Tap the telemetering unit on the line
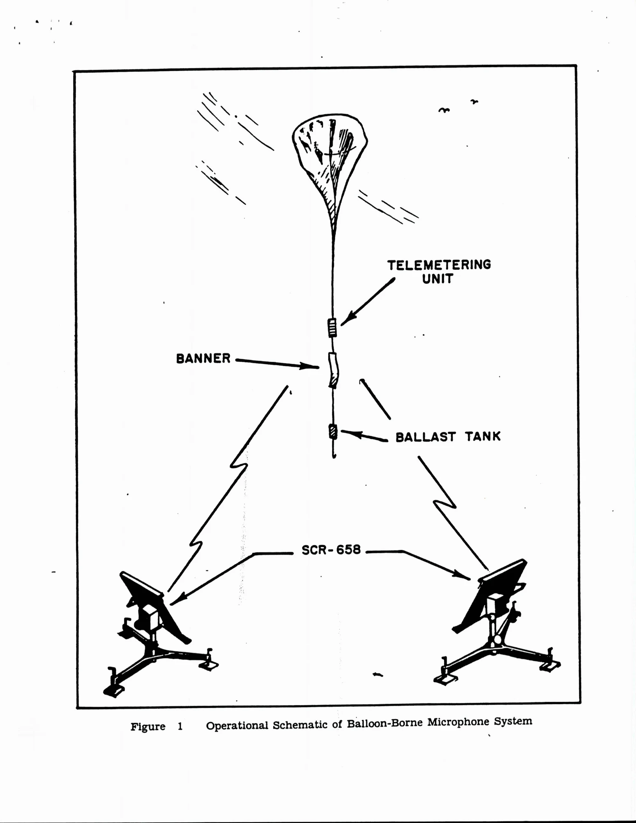332,328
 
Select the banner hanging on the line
333,370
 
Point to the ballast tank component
333,432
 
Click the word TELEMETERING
439,265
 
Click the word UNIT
438,279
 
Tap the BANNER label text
203,358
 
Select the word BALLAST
426,437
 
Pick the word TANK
483,436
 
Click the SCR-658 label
331,550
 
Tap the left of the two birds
444,110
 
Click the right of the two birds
475,101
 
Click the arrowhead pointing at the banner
310,366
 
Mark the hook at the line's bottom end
334,454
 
